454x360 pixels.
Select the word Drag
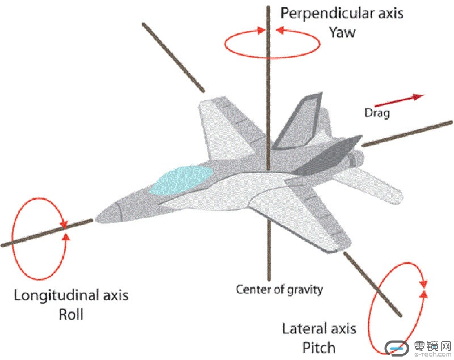coord(377,113)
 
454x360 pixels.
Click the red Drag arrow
coord(405,100)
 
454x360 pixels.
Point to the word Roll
coord(72,314)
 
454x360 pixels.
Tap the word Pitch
coord(318,346)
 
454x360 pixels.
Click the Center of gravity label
coord(279,290)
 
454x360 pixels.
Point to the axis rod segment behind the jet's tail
coord(407,134)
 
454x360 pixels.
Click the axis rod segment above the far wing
coord(173,56)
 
